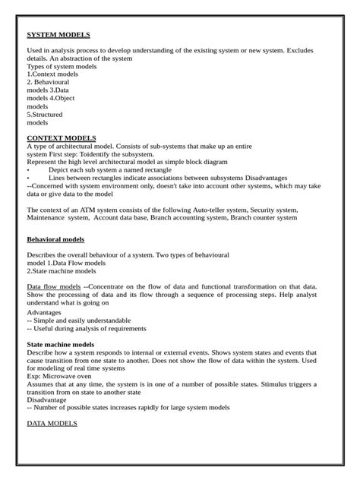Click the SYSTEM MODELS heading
58,35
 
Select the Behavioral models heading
55,239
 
